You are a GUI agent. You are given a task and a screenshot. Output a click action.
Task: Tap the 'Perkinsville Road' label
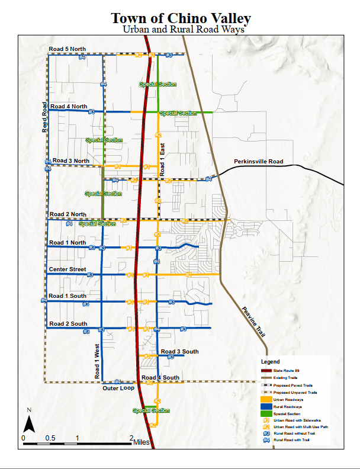pyautogui.click(x=258, y=162)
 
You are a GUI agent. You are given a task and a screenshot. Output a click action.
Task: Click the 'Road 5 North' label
pyautogui.click(x=67, y=49)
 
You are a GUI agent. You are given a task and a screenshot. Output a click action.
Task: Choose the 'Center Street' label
pyautogui.click(x=67, y=269)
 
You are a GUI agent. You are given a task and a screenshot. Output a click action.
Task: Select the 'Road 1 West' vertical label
pyautogui.click(x=97, y=361)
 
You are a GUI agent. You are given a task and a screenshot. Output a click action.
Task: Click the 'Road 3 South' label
pyautogui.click(x=179, y=351)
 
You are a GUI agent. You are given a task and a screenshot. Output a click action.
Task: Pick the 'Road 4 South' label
pyautogui.click(x=160, y=378)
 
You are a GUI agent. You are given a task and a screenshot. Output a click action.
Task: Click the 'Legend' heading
pyautogui.click(x=270, y=361)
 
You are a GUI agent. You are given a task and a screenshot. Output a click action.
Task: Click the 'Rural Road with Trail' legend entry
pyautogui.click(x=294, y=440)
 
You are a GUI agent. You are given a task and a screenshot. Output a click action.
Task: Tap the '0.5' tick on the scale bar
pyautogui.click(x=50, y=438)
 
